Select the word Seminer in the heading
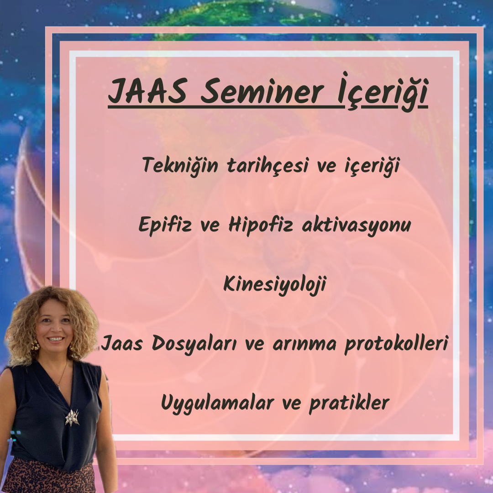click(x=262, y=91)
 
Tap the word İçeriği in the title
click(x=383, y=91)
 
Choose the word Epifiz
click(x=165, y=225)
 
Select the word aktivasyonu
click(x=356, y=225)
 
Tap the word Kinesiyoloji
click(x=274, y=284)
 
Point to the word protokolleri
click(x=396, y=343)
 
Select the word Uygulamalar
click(x=217, y=403)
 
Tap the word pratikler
click(x=349, y=403)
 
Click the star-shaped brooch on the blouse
click(x=72, y=418)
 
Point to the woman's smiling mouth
click(x=56, y=339)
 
